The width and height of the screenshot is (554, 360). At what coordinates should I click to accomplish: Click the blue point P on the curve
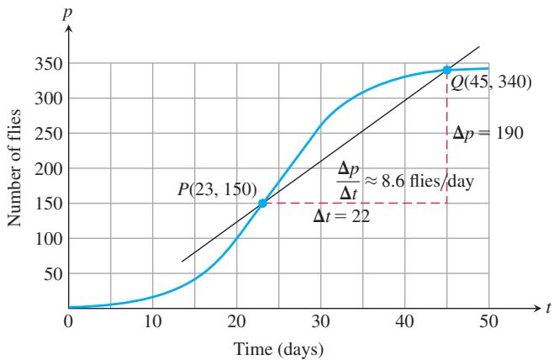click(x=262, y=203)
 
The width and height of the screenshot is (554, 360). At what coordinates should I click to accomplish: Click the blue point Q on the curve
click(x=447, y=70)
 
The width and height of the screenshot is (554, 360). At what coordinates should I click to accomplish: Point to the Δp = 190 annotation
click(x=488, y=134)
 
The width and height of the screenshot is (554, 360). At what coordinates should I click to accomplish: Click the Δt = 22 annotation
click(x=341, y=216)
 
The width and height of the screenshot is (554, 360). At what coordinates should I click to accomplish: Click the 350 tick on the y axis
click(x=49, y=65)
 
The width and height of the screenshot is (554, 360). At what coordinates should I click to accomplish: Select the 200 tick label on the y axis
click(x=49, y=169)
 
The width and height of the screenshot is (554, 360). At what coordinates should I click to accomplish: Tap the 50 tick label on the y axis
click(x=53, y=274)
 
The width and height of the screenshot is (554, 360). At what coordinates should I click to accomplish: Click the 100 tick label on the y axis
click(x=49, y=239)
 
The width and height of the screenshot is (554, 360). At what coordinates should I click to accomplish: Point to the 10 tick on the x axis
click(x=153, y=321)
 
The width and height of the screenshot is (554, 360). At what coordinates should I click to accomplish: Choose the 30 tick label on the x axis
click(x=321, y=321)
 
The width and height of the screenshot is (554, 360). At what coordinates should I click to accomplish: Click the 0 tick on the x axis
click(x=69, y=321)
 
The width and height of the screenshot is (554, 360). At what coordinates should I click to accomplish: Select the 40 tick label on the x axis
click(x=405, y=321)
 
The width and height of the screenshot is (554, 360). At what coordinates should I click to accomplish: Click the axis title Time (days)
click(x=279, y=349)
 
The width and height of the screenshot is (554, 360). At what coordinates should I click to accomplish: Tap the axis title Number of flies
click(x=14, y=168)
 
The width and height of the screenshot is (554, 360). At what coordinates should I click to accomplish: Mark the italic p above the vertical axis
click(x=67, y=13)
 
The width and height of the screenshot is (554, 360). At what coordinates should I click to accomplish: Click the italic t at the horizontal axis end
click(x=548, y=308)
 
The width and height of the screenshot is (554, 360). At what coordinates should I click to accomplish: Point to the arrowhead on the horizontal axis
click(x=537, y=308)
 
